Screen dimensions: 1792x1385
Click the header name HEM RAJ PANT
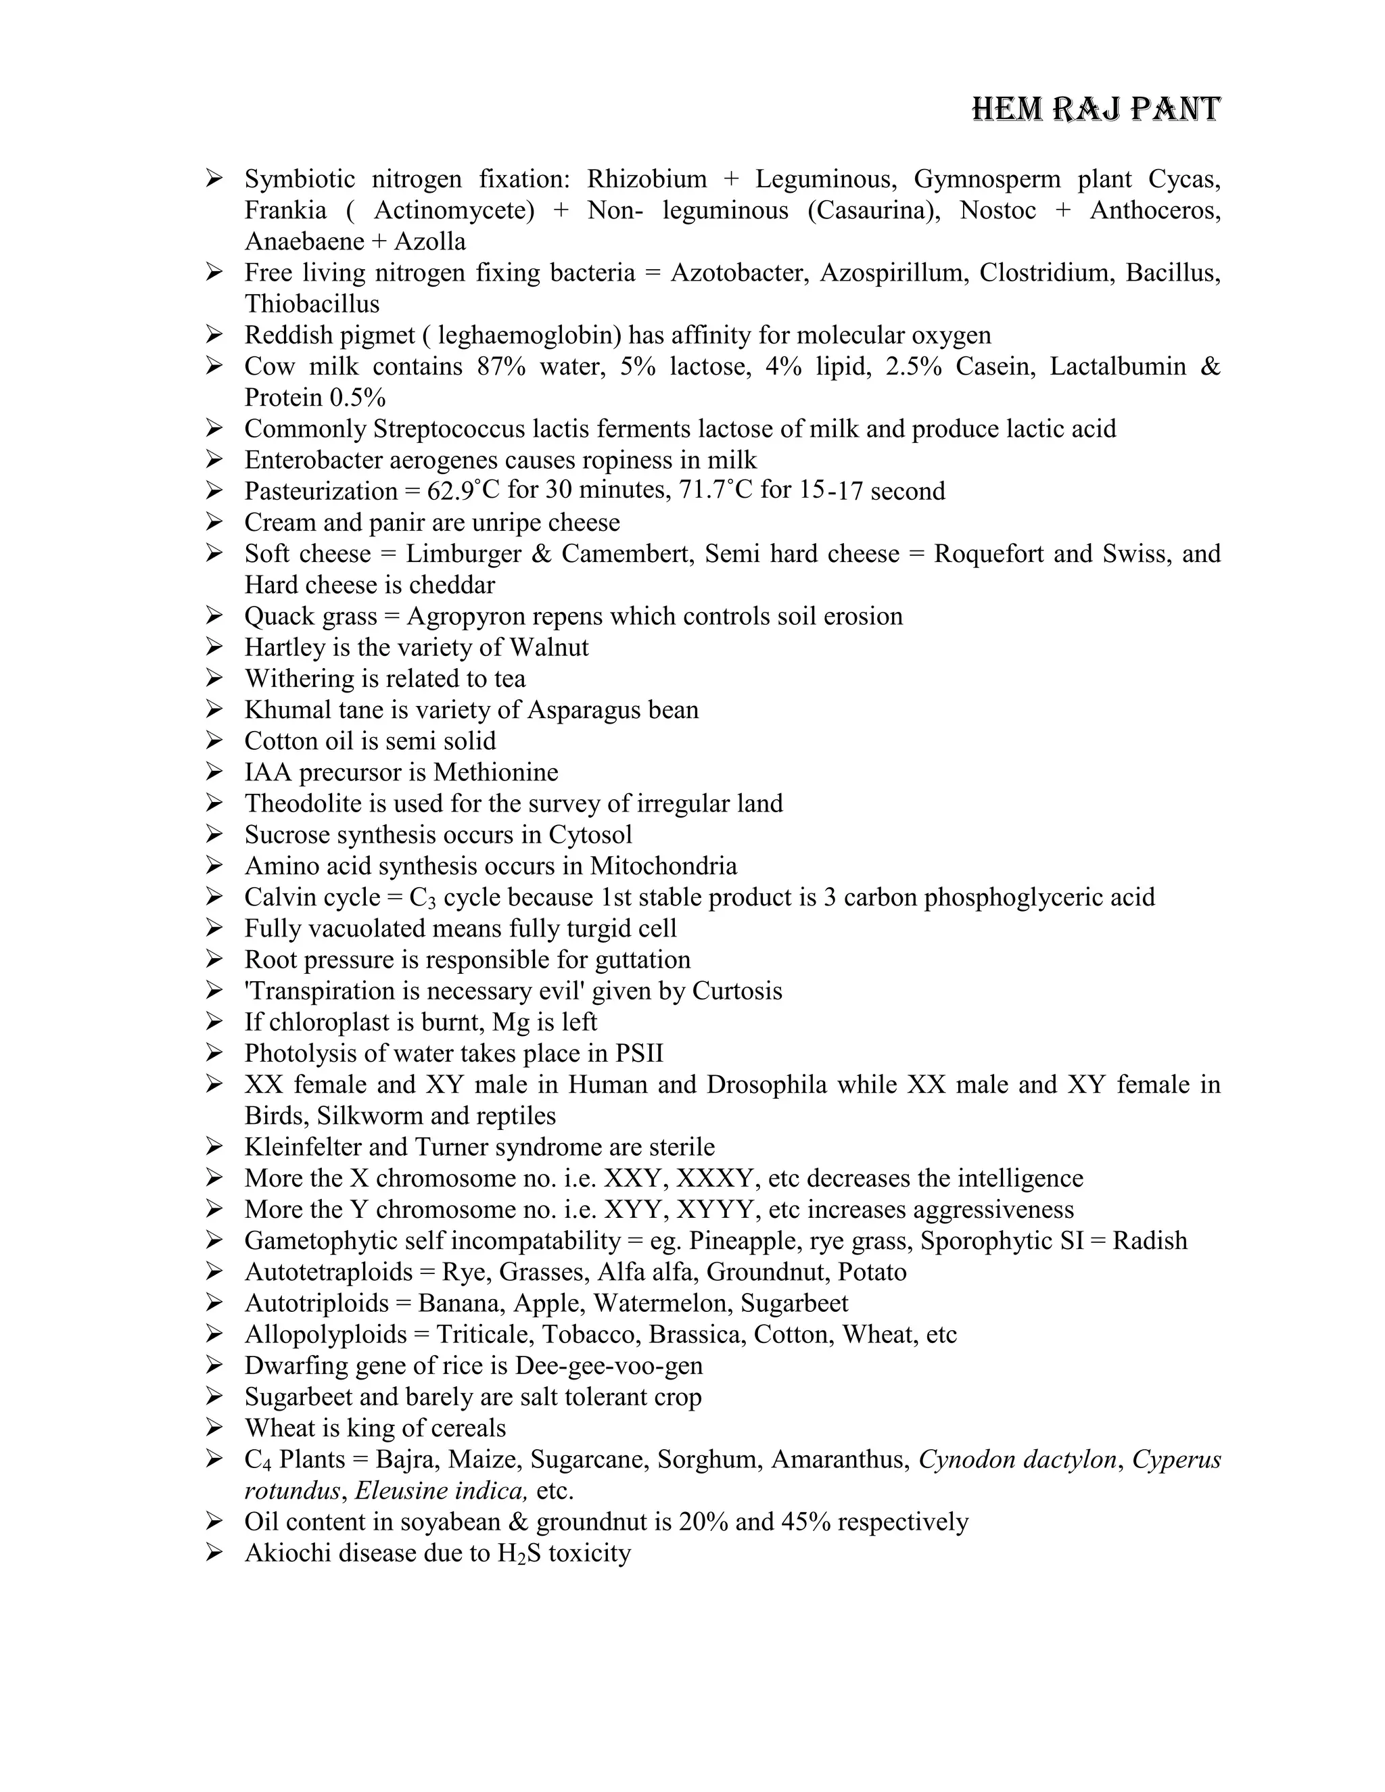pyautogui.click(x=1096, y=109)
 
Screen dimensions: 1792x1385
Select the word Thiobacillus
pyautogui.click(x=312, y=304)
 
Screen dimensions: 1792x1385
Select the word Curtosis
pyautogui.click(x=737, y=991)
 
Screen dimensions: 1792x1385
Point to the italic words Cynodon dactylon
pyautogui.click(x=1017, y=1460)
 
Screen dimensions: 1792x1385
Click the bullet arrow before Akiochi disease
pyautogui.click(x=214, y=1553)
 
